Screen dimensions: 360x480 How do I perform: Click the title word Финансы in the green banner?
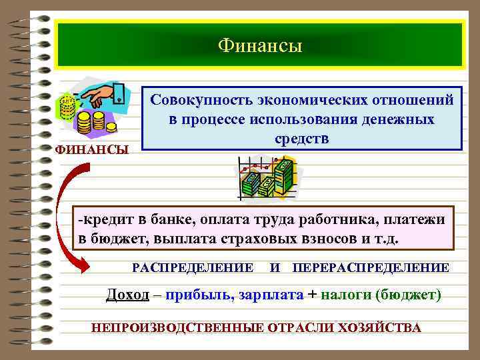pos(260,45)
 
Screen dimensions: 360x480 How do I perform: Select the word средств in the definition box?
pos(301,139)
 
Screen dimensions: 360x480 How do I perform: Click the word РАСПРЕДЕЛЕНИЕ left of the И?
pos(193,267)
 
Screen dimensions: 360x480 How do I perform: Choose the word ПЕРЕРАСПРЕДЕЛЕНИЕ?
pos(371,267)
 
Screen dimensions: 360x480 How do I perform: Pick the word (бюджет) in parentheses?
pos(409,295)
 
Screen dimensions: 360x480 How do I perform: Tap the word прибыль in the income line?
pos(198,295)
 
